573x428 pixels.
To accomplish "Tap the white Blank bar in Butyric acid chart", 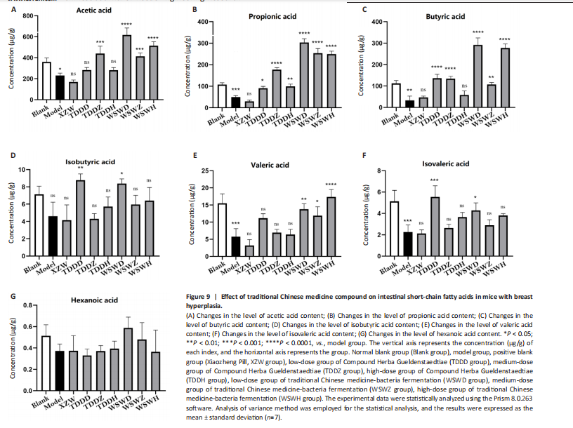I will pyautogui.click(x=395, y=95).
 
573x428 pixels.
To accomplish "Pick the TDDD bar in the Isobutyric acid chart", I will pyautogui.click(x=79, y=212).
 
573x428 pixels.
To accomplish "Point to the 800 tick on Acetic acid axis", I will pyautogui.click(x=29, y=15).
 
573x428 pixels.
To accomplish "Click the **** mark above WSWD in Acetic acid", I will pyautogui.click(x=126, y=25).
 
